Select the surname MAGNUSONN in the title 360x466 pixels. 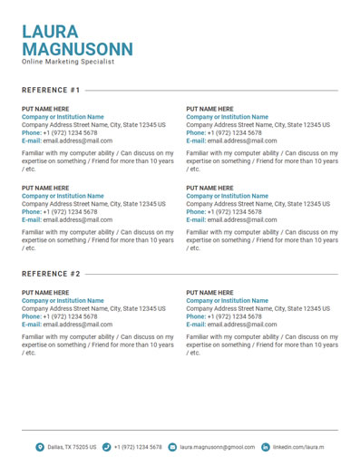click(x=77, y=49)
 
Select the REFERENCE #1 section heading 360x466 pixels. click(x=51, y=91)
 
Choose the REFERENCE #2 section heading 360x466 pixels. click(x=51, y=274)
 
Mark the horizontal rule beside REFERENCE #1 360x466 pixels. click(x=211, y=91)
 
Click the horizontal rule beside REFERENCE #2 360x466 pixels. click(x=211, y=274)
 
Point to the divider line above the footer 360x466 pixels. click(x=180, y=430)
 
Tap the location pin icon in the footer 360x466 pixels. click(x=40, y=447)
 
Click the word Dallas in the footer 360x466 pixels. click(x=56, y=447)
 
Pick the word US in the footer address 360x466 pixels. click(x=92, y=447)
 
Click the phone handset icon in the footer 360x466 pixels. click(x=107, y=447)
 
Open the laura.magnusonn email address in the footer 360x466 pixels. click(x=218, y=447)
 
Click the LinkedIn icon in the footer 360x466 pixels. click(x=266, y=447)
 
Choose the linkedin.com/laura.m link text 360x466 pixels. click(x=299, y=447)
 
